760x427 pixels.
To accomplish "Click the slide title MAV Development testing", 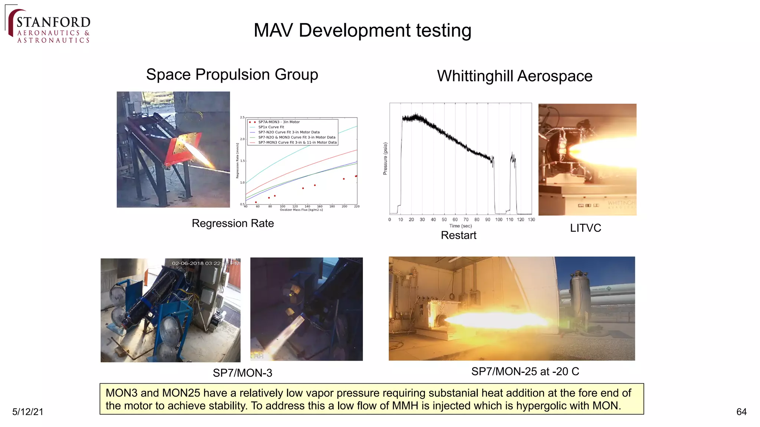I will [362, 30].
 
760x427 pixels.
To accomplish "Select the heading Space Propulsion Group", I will [232, 75].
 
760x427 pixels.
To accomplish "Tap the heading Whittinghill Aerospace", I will [514, 76].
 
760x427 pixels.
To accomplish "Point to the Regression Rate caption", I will [233, 224].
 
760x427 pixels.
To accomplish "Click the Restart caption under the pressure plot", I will [458, 235].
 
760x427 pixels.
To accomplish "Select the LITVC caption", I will [585, 228].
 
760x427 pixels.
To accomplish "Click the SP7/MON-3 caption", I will [242, 373].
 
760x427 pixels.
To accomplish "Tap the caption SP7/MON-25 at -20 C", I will [525, 371].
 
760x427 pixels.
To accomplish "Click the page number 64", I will [741, 412].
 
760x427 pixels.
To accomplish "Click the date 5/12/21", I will [28, 412].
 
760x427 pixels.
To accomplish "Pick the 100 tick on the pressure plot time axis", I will [499, 220].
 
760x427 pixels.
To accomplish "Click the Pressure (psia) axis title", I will [385, 159].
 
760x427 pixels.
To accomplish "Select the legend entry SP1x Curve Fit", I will [271, 127].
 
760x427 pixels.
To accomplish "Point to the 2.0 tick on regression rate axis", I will [242, 139].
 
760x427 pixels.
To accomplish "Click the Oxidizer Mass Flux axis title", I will [301, 210].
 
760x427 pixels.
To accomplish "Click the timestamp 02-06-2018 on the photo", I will [188, 263].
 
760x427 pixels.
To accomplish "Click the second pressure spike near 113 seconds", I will [513, 158].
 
